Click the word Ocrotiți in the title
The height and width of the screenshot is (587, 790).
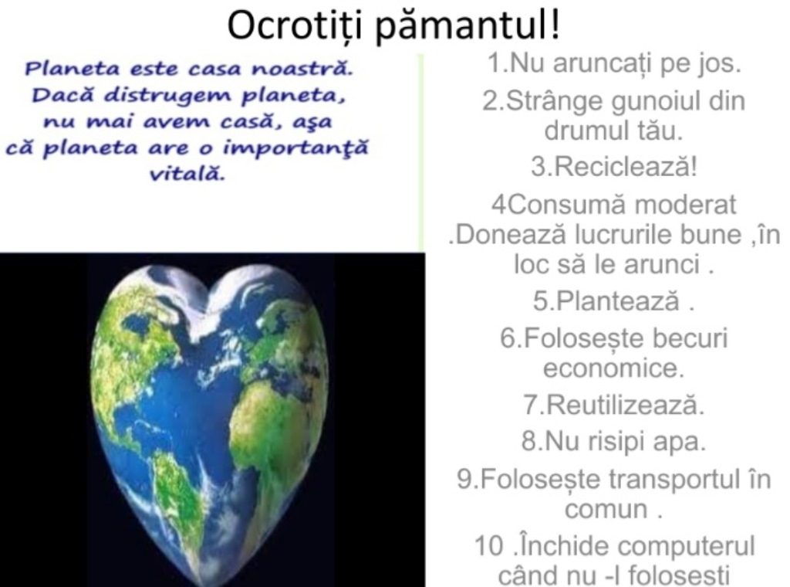(x=294, y=25)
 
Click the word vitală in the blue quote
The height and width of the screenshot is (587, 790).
(x=187, y=175)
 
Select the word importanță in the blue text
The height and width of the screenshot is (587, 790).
(x=295, y=149)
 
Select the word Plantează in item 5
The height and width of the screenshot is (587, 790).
(x=618, y=301)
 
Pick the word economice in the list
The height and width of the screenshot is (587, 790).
(x=613, y=368)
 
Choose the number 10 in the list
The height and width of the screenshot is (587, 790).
(x=489, y=547)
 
